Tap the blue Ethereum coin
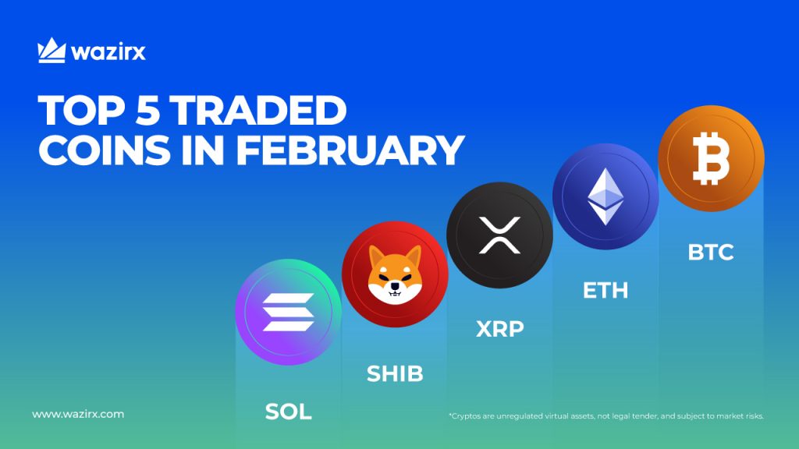(x=605, y=196)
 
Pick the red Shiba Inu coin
(x=395, y=274)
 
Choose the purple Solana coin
(x=288, y=312)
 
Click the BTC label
(x=711, y=253)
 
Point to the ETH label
(x=605, y=291)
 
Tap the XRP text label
(x=499, y=329)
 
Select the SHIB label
(x=395, y=373)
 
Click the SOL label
(x=288, y=412)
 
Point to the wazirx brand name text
(x=108, y=53)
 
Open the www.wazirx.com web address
(x=77, y=414)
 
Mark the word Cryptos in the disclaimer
(x=467, y=416)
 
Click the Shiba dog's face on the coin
(x=394, y=275)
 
